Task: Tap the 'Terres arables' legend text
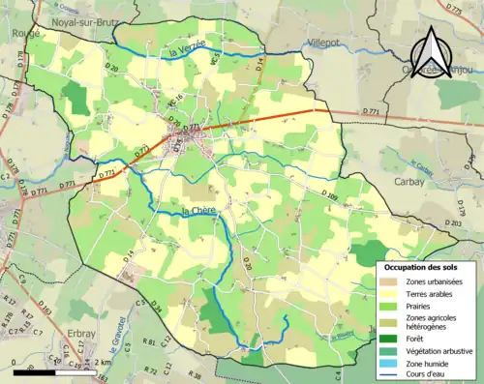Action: (x=430, y=295)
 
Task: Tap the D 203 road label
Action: (x=450, y=224)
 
